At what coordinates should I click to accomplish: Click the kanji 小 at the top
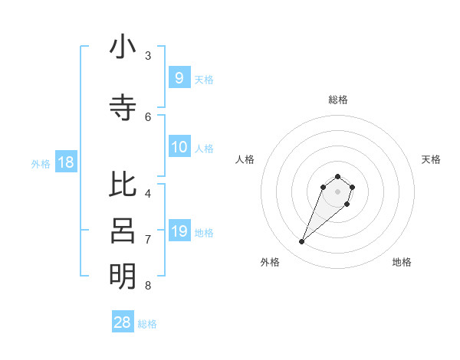[x=123, y=47]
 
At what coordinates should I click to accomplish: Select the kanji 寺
[x=123, y=107]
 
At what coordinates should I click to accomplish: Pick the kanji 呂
[x=123, y=230]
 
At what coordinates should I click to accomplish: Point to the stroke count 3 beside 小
[x=148, y=56]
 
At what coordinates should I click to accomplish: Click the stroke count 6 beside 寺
[x=148, y=116]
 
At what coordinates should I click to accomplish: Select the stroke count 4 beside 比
[x=148, y=193]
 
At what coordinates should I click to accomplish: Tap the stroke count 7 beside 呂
[x=148, y=239]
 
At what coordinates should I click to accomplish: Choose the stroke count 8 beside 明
[x=148, y=286]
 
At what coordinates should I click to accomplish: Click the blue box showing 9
[x=179, y=77]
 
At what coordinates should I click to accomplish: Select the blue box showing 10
[x=179, y=147]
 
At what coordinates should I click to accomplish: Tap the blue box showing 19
[x=179, y=231]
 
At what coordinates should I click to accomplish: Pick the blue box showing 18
[x=65, y=162]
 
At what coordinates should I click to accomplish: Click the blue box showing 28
[x=123, y=322]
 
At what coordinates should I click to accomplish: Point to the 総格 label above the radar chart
[x=338, y=100]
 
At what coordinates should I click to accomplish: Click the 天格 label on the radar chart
[x=431, y=159]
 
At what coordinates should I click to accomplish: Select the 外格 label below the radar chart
[x=270, y=262]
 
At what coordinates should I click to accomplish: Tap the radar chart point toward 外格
[x=302, y=242]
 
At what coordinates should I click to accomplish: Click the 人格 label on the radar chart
[x=245, y=159]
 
